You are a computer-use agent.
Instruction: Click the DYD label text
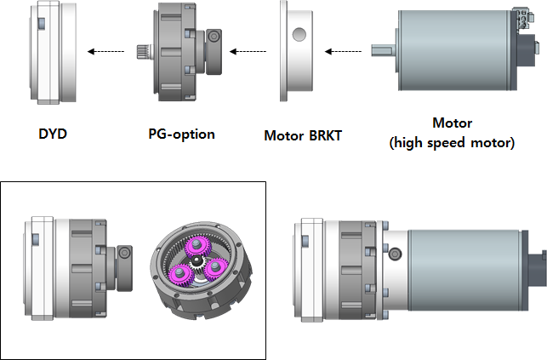pos(53,134)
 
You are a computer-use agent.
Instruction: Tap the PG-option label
pos(181,134)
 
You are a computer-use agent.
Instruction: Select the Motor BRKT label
pos(303,135)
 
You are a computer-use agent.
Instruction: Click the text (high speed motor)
pos(452,143)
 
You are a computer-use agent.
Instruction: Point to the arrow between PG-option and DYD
pos(105,52)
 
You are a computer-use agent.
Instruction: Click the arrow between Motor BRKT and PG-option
pos(248,52)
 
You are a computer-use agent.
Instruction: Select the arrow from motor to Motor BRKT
pos(343,52)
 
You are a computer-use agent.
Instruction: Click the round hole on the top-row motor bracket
pos(299,35)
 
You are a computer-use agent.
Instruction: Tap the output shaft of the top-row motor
pos(383,50)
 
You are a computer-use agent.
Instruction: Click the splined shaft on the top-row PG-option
pos(144,52)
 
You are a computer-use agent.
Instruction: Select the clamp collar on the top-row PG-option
pos(214,52)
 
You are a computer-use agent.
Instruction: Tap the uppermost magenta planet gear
pos(197,246)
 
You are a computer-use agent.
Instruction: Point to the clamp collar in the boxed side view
pos(124,268)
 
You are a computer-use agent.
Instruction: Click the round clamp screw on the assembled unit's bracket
pos(395,254)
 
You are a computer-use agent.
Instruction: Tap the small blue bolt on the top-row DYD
pos(41,24)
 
